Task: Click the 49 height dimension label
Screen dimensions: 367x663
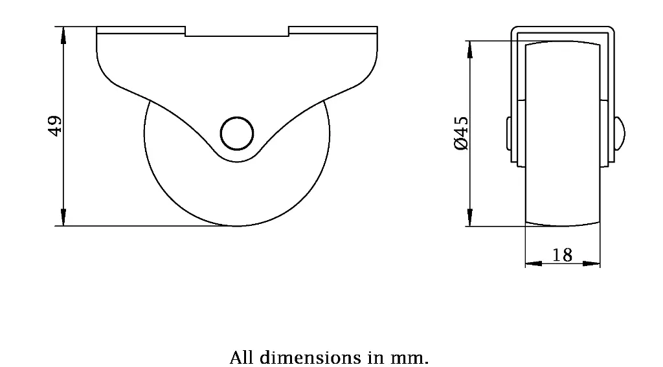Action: tap(56, 126)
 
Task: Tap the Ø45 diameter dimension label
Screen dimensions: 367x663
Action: tap(461, 135)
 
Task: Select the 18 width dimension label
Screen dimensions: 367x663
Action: tap(562, 255)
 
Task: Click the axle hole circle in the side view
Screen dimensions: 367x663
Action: tap(236, 134)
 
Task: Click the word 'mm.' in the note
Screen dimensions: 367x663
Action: tap(414, 357)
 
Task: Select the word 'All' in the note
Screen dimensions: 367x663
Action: tap(241, 357)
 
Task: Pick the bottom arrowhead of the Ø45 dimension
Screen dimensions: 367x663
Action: tap(469, 218)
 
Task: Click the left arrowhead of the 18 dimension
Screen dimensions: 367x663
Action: tap(533, 263)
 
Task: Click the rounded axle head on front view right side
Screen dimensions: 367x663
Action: tap(618, 135)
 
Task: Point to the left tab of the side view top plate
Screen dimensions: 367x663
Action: tap(140, 30)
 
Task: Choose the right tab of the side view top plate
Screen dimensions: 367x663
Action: tap(333, 30)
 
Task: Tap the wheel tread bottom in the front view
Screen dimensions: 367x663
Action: tap(562, 223)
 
